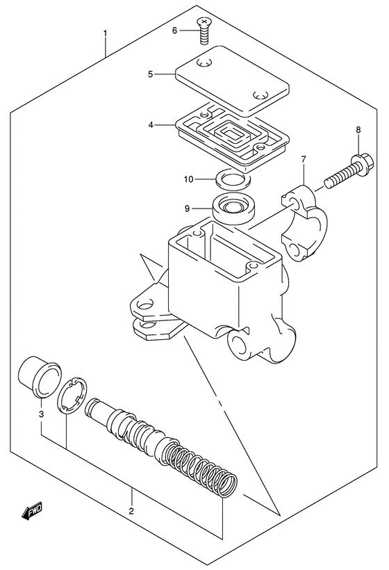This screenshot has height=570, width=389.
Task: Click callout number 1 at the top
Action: pyautogui.click(x=105, y=33)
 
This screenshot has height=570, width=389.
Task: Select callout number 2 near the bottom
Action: pyautogui.click(x=132, y=512)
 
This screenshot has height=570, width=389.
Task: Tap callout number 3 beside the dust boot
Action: pyautogui.click(x=41, y=415)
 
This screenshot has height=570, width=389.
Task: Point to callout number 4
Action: pyautogui.click(x=150, y=125)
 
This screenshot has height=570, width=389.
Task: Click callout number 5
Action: pyautogui.click(x=150, y=72)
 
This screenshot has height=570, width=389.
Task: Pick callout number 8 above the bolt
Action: pyautogui.click(x=358, y=130)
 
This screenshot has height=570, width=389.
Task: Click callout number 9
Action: pyautogui.click(x=187, y=206)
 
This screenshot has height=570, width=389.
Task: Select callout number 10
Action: pyautogui.click(x=188, y=179)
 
